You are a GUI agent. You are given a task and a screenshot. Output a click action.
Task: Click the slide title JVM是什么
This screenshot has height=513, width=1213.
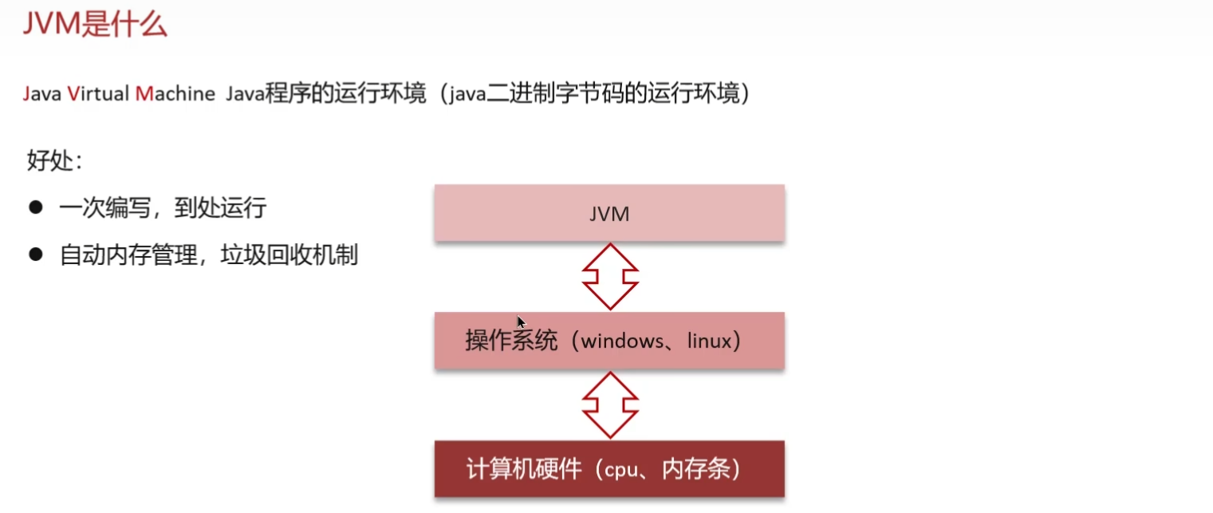(x=95, y=23)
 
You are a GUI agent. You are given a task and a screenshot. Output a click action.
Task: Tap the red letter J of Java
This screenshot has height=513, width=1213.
(x=26, y=94)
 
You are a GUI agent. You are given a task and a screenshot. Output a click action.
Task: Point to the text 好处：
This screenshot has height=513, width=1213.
(x=55, y=160)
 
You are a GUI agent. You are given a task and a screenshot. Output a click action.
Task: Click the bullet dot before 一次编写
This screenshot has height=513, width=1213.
(x=35, y=207)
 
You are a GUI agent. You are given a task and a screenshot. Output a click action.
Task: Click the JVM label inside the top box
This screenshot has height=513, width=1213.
(x=609, y=214)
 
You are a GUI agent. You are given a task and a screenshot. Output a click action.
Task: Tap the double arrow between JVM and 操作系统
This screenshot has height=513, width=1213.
(x=610, y=277)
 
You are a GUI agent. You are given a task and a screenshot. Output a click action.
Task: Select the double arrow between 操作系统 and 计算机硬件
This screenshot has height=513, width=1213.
(x=610, y=404)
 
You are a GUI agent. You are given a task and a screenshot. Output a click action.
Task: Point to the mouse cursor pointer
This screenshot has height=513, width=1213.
(x=521, y=322)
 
